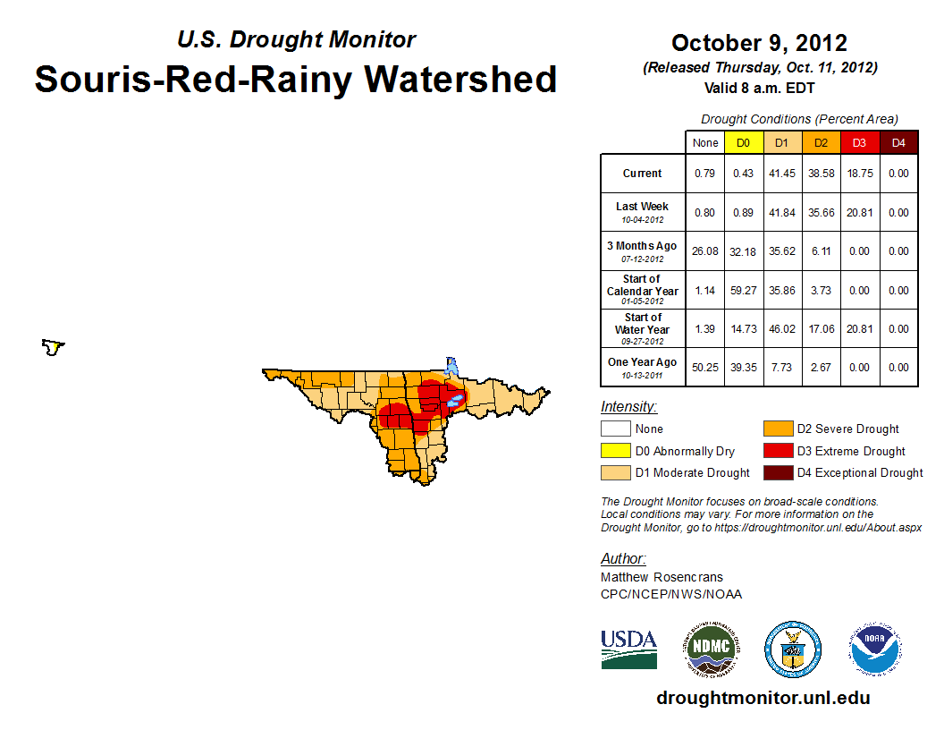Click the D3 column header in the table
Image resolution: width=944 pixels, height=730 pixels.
tap(859, 142)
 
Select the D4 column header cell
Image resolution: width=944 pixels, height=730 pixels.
tap(898, 142)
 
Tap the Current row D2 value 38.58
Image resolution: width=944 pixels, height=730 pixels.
tap(821, 174)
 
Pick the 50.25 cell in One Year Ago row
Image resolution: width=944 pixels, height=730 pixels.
tap(705, 367)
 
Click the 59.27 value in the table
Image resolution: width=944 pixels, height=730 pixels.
tap(744, 290)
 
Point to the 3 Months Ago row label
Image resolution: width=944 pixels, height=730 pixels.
tap(643, 250)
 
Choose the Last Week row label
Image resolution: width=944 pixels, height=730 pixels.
tap(643, 212)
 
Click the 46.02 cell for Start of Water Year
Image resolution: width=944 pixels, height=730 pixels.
tap(782, 328)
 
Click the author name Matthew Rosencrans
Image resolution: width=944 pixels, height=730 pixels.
tap(662, 577)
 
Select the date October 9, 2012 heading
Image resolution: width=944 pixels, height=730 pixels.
tap(759, 43)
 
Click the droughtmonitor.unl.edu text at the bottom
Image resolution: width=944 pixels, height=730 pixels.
tap(763, 698)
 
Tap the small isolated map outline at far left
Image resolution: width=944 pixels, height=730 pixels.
tap(54, 347)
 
